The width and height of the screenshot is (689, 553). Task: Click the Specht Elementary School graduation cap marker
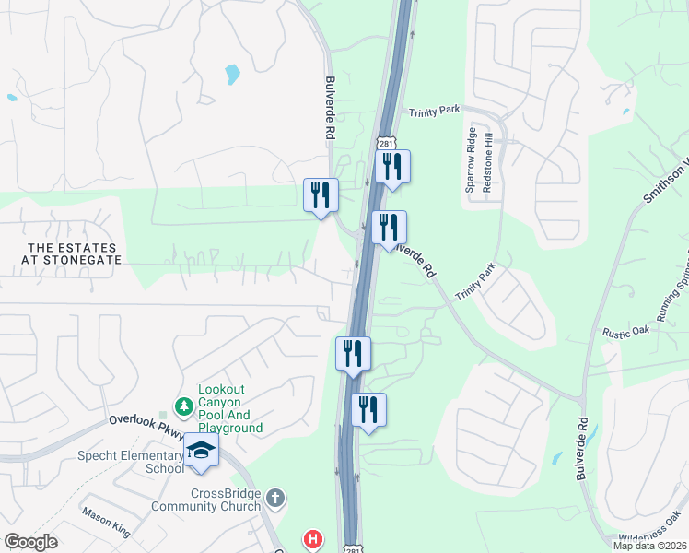point(202,450)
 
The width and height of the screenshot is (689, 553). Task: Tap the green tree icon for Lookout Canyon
point(184,406)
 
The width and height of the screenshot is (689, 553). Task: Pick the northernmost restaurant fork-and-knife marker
point(392,167)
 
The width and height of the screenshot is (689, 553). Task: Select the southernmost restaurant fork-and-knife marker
point(368,410)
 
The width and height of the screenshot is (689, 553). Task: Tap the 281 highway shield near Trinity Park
point(385,146)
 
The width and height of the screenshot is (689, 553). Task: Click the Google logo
point(31,542)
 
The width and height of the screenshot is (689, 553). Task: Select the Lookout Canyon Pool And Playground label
point(230,409)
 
